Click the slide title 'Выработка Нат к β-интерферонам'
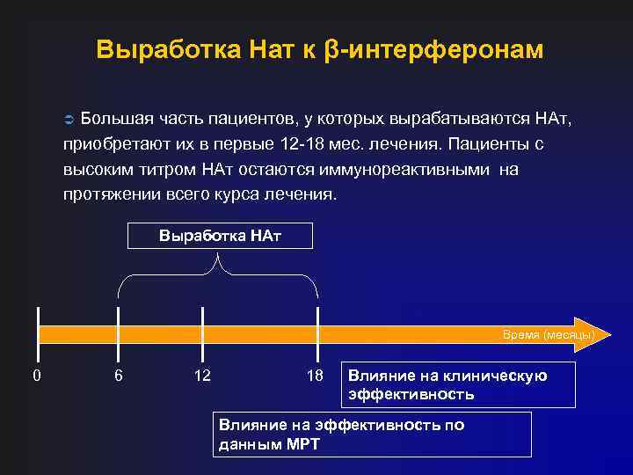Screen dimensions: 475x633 coord(320,49)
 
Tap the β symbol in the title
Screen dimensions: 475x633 coord(331,50)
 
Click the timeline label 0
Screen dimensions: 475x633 coord(36,376)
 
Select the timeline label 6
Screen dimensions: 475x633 coord(119,376)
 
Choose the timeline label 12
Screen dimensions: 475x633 coord(202,376)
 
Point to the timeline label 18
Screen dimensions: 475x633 coord(315,376)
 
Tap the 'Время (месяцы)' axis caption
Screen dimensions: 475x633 coord(549,335)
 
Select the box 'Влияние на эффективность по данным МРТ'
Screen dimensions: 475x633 coord(373,434)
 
